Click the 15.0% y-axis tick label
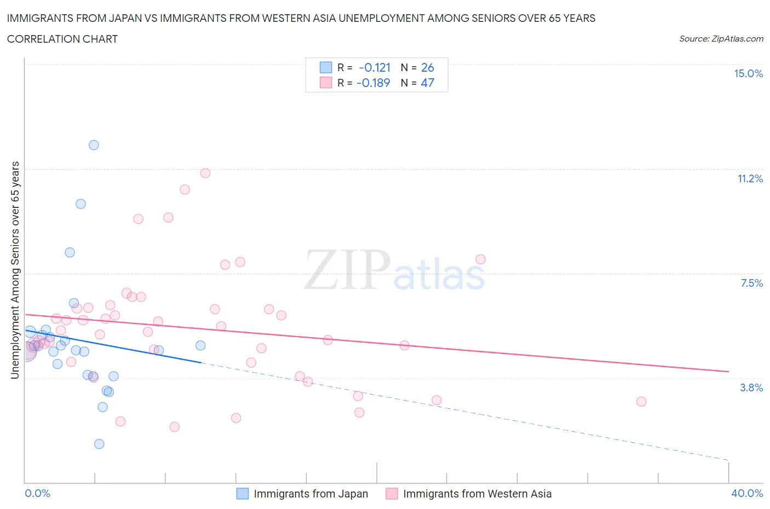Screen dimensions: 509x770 [748, 73]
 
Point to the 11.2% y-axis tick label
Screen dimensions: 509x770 [750, 178]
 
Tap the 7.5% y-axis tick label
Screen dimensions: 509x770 [751, 283]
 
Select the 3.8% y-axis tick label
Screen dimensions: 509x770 [751, 387]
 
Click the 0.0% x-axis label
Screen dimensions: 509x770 [37, 493]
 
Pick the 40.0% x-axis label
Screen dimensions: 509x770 [747, 493]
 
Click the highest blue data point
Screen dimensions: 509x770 [94, 145]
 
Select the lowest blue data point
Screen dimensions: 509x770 [99, 444]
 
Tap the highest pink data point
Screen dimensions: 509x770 [205, 173]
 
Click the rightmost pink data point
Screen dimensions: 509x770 [641, 402]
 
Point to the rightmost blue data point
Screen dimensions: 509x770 [200, 345]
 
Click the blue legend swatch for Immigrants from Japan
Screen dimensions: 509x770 [242, 494]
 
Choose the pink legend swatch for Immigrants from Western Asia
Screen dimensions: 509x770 [392, 494]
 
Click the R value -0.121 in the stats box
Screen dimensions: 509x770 [375, 67]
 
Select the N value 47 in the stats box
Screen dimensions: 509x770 [427, 83]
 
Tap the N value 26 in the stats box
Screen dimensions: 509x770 [427, 67]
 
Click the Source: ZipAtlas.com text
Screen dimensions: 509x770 [721, 39]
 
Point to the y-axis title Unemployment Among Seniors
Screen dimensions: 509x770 [15, 270]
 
